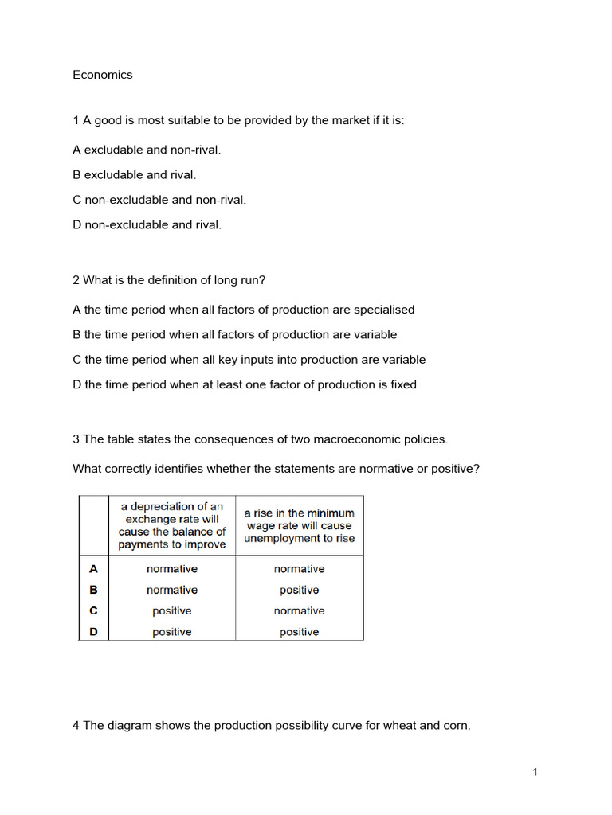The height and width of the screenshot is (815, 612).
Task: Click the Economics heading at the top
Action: point(102,75)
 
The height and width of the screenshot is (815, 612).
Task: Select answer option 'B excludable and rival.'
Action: point(134,174)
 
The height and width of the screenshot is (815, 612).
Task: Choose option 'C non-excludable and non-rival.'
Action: point(159,200)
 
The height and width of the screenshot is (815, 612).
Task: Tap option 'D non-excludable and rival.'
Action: point(147,224)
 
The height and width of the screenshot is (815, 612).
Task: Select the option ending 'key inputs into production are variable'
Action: point(249,360)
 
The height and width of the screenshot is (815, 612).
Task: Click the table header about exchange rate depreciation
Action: point(172,525)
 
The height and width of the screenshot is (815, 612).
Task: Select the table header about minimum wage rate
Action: point(299,525)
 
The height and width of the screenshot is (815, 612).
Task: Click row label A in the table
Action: point(94,569)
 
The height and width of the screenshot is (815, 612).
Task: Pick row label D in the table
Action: point(94,632)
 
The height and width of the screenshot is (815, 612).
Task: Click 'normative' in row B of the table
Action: point(172,590)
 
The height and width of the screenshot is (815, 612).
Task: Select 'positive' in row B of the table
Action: point(299,590)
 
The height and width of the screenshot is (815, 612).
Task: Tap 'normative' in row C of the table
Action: point(299,611)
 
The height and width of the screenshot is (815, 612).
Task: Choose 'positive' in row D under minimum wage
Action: point(299,632)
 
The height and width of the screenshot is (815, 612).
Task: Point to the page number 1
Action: point(535,771)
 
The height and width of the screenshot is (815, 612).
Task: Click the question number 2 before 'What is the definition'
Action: point(76,280)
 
